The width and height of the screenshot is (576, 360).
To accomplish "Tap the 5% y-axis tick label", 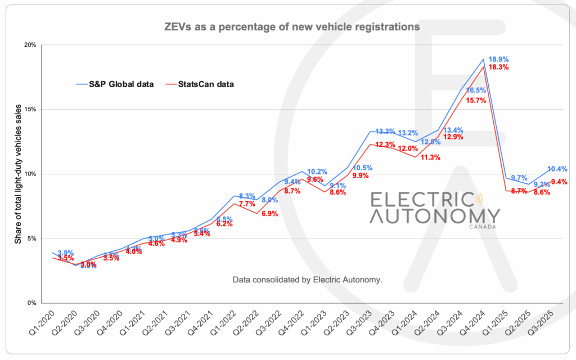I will (x=31, y=238).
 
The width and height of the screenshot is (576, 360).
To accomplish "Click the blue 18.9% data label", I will (x=499, y=59).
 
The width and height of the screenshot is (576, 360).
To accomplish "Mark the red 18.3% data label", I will (x=499, y=67).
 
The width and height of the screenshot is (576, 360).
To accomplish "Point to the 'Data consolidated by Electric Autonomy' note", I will (x=307, y=279).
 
